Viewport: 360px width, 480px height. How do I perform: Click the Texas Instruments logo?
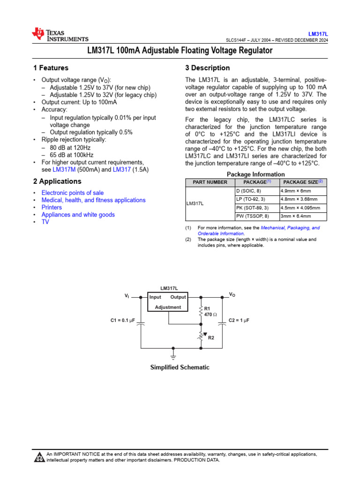click(x=60, y=34)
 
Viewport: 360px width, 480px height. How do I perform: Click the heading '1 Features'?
click(x=51, y=68)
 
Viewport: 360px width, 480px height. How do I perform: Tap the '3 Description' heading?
click(x=208, y=68)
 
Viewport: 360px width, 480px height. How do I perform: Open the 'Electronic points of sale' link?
click(x=73, y=193)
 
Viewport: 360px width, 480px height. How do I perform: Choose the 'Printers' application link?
click(x=52, y=207)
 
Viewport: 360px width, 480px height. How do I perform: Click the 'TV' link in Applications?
click(x=45, y=222)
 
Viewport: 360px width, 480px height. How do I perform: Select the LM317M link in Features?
click(x=64, y=170)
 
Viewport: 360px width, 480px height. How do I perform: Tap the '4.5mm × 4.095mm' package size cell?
click(x=300, y=208)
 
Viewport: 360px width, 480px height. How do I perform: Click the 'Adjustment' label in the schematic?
click(x=168, y=307)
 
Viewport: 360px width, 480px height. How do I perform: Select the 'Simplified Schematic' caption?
click(x=180, y=367)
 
